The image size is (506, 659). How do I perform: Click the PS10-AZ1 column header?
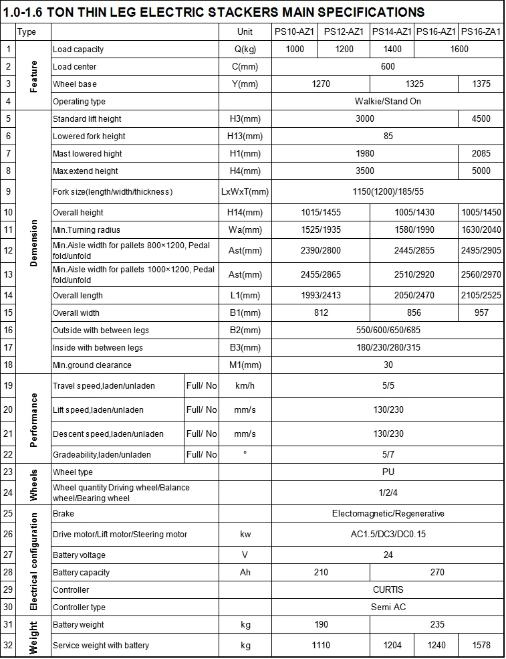click(294, 31)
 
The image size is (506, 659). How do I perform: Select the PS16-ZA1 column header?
click(481, 31)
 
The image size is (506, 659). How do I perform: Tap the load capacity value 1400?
click(392, 49)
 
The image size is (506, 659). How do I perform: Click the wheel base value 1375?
click(481, 84)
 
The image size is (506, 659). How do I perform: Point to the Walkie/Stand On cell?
click(388, 101)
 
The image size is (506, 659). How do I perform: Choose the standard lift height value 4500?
click(481, 118)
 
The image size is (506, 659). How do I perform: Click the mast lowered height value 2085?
click(481, 153)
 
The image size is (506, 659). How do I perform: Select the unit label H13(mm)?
click(245, 136)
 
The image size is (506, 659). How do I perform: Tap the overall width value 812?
click(321, 312)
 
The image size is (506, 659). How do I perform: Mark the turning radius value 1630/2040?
click(481, 229)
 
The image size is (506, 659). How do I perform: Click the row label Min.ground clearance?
click(92, 365)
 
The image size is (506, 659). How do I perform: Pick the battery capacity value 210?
click(321, 572)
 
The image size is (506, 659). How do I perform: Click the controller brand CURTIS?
click(388, 589)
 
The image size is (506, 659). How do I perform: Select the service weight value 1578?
click(481, 645)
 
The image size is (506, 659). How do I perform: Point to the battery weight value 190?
click(321, 624)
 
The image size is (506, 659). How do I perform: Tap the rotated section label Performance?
click(33, 419)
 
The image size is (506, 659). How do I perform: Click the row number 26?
click(8, 534)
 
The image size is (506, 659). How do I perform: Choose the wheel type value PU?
click(388, 472)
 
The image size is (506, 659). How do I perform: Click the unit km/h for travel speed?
click(245, 385)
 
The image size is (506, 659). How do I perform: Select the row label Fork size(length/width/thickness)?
click(112, 191)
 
